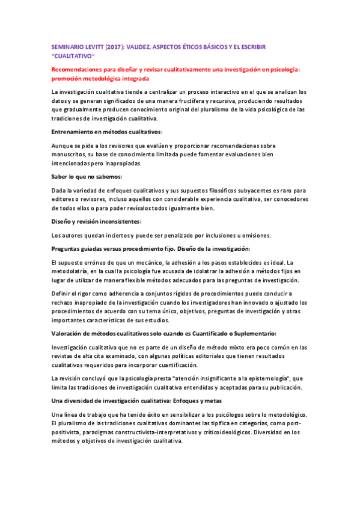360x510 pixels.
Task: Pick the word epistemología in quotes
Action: (258, 378)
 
